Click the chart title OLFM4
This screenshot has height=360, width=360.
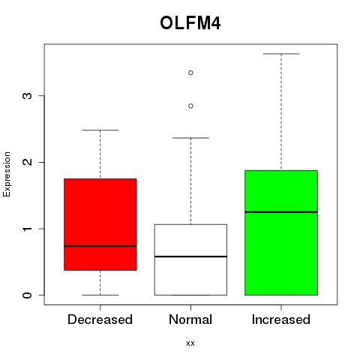(190, 23)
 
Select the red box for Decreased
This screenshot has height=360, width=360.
(100, 224)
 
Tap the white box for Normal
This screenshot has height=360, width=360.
(190, 259)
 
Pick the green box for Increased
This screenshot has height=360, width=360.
(281, 232)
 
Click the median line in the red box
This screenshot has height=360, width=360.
(100, 246)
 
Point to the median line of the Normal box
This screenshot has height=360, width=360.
(190, 256)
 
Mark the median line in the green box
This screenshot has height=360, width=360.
(281, 212)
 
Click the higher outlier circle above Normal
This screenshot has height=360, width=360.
(190, 73)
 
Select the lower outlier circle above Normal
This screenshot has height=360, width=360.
(190, 106)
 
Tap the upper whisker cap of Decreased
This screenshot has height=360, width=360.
(100, 130)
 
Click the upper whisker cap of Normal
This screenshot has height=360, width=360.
(190, 138)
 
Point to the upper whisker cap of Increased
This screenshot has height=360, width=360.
(281, 54)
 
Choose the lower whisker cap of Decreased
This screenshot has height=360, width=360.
(100, 295)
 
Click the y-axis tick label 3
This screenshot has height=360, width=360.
(28, 96)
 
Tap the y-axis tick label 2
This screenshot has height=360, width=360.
(28, 162)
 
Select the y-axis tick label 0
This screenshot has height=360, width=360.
(28, 295)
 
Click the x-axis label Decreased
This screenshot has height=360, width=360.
(100, 319)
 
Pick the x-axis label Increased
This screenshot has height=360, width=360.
(281, 319)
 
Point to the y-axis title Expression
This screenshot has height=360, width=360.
(7, 174)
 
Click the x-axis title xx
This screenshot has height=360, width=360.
(190, 343)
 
